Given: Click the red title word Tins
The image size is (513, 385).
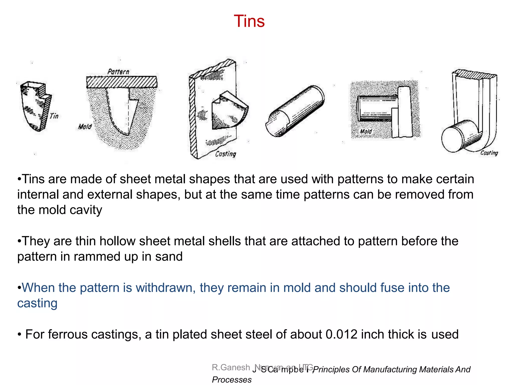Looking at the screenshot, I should click(x=249, y=21).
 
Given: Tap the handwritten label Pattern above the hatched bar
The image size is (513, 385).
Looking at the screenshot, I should click(x=118, y=72).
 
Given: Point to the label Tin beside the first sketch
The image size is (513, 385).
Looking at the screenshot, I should click(x=54, y=116).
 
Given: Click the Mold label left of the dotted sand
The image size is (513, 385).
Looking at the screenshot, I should click(x=85, y=127).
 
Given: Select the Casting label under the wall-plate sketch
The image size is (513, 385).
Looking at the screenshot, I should click(x=225, y=154).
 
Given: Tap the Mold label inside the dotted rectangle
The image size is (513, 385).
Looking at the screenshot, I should click(x=366, y=131).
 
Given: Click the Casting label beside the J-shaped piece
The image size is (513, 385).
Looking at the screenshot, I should click(x=489, y=153).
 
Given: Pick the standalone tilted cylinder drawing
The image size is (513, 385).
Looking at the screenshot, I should click(x=295, y=111).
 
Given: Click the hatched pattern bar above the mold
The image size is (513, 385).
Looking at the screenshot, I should click(x=121, y=82).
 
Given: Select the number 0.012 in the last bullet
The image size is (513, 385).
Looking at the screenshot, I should click(x=341, y=334).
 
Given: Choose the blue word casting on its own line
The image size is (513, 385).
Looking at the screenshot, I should click(x=37, y=303).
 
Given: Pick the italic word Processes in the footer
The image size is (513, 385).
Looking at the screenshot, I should click(x=232, y=379).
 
